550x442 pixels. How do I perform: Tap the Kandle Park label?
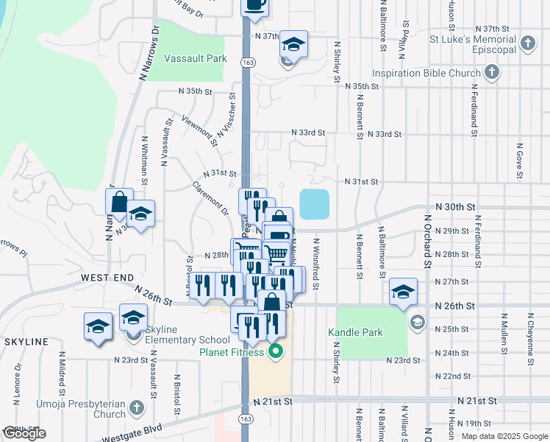point(355,333)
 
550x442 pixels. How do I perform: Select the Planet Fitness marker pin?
point(276,351)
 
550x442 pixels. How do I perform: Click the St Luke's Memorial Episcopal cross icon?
point(527,43)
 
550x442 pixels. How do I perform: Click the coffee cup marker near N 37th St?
point(255,7)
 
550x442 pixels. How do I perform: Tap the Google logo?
point(24,433)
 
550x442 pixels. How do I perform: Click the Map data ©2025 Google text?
point(504,436)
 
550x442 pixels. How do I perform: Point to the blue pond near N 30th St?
point(314,204)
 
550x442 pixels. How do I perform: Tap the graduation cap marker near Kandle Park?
point(403,292)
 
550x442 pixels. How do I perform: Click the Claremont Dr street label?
point(211,197)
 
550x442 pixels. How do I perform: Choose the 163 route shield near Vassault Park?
point(246,64)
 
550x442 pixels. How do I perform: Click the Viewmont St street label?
point(199,127)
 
